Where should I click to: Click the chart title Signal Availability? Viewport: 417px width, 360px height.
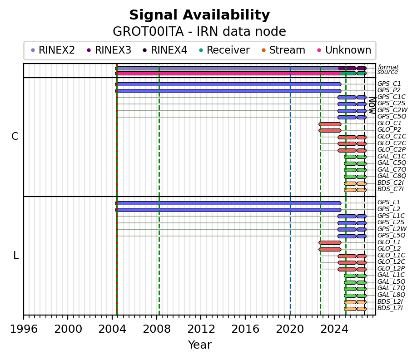tap(199, 15)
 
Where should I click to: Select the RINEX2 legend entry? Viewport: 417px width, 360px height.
tap(53, 50)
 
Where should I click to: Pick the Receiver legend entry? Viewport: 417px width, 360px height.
tap(224, 50)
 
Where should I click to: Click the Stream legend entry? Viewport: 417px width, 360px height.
tap(283, 50)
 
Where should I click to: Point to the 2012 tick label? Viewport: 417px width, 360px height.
tap(201, 329)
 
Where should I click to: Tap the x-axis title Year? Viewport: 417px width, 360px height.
tap(200, 345)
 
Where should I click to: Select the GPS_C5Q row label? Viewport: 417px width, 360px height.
tap(392, 117)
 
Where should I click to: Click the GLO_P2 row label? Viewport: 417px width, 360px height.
tap(389, 130)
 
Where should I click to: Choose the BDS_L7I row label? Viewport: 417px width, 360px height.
tap(390, 308)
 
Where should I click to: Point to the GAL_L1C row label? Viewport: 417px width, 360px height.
tap(391, 275)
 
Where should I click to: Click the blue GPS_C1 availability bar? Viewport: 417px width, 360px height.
tap(228, 84)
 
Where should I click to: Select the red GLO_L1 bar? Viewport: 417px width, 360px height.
tap(330, 243)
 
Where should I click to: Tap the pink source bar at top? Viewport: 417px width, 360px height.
tap(228, 74)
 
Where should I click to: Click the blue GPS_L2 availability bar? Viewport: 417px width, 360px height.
tap(228, 210)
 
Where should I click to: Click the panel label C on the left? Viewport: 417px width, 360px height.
tap(15, 136)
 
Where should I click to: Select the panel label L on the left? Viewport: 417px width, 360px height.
tap(16, 256)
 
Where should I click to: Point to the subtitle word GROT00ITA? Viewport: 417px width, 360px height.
tap(148, 32)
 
